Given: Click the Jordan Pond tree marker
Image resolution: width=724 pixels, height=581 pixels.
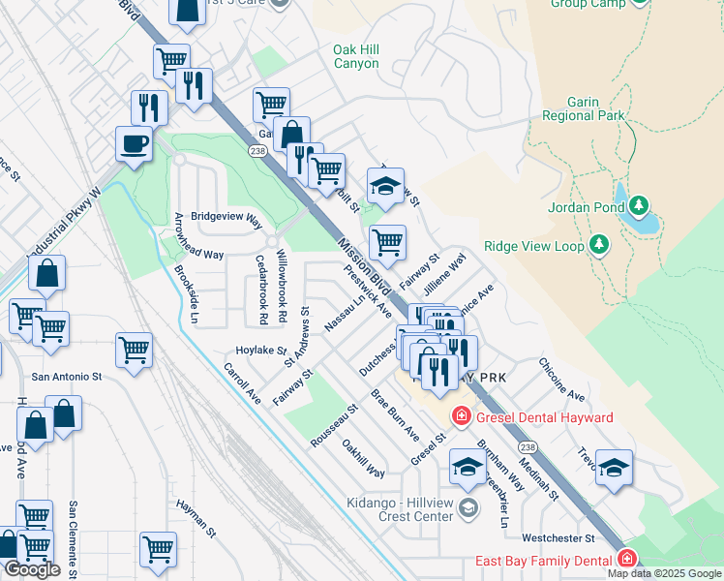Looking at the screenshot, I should coord(638,206).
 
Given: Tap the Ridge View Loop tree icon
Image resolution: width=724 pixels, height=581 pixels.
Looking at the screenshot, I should coord(598,246).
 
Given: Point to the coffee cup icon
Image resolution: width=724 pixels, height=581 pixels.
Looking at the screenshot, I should coord(134,145).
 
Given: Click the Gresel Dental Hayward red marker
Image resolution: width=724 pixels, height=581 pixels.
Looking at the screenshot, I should coord(462,417).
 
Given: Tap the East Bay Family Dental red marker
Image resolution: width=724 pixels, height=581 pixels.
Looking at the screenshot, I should coord(627,560).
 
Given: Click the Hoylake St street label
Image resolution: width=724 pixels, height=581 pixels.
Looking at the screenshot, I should coord(261,351).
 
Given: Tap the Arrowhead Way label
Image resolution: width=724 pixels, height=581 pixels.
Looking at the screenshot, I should coord(199,255).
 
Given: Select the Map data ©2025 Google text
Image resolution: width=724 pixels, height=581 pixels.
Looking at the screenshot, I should coord(663,573).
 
